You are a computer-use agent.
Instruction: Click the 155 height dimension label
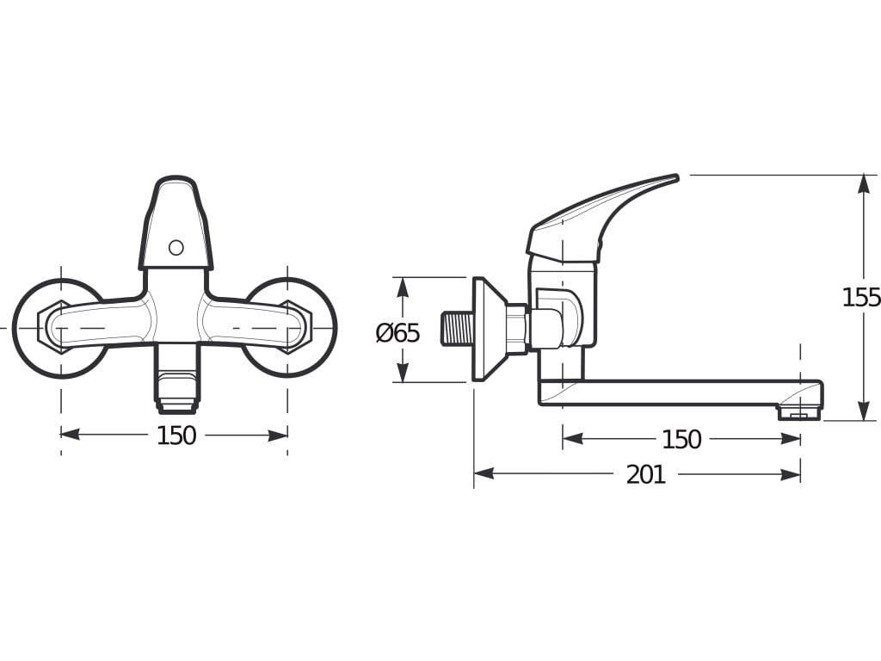pyautogui.click(x=861, y=298)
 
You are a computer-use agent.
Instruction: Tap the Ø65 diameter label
pyautogui.click(x=397, y=333)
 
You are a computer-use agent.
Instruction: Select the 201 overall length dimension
pyautogui.click(x=645, y=475)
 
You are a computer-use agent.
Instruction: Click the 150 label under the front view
pyautogui.click(x=176, y=436)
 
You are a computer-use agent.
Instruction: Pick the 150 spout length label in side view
pyautogui.click(x=681, y=440)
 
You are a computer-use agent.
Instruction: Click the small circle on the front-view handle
pyautogui.click(x=176, y=248)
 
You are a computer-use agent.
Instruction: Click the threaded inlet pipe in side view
pyautogui.click(x=457, y=330)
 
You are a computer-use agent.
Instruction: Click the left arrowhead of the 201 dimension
pyautogui.click(x=484, y=474)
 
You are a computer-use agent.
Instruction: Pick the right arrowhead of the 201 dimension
pyautogui.click(x=791, y=474)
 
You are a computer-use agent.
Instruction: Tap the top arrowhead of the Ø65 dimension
pyautogui.click(x=402, y=287)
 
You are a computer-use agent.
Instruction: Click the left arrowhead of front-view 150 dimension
pyautogui.click(x=71, y=435)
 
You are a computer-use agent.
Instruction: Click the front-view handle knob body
pyautogui.click(x=176, y=224)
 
